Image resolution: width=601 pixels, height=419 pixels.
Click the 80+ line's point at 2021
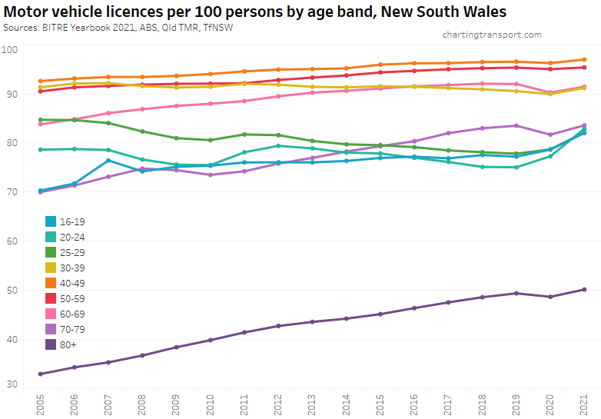584,289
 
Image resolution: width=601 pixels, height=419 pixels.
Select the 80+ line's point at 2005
39,374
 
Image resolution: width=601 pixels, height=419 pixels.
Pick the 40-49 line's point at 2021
584,59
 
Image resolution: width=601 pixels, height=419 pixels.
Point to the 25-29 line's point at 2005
39,119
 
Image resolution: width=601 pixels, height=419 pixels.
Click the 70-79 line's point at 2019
516,125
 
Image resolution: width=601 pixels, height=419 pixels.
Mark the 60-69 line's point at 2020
550,93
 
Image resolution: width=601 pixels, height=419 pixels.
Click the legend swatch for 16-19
51,221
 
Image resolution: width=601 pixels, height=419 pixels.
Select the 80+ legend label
68,344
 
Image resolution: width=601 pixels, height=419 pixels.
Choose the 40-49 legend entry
69,282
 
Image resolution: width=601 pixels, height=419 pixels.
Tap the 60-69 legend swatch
51,314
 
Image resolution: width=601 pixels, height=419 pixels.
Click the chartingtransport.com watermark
492,35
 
